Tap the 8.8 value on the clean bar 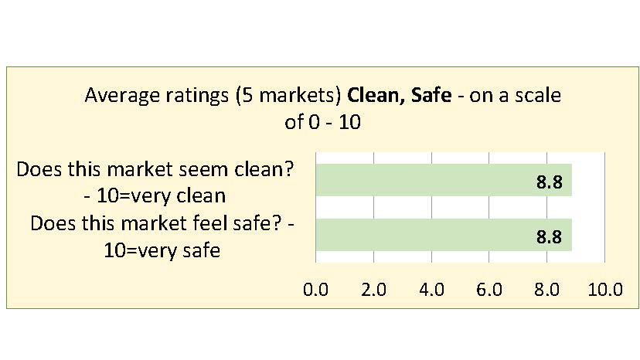tap(549, 182)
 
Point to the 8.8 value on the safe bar tap(549, 237)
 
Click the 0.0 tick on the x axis tap(316, 290)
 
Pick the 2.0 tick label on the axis tap(374, 290)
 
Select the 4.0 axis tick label tap(431, 290)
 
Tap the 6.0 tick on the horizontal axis tap(489, 290)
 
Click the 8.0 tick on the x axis tap(547, 290)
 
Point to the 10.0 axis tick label tap(604, 290)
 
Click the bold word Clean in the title tap(372, 95)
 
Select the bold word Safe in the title tap(430, 95)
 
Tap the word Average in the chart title tap(116, 95)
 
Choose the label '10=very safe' tap(162, 250)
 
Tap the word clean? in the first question tap(266, 168)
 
